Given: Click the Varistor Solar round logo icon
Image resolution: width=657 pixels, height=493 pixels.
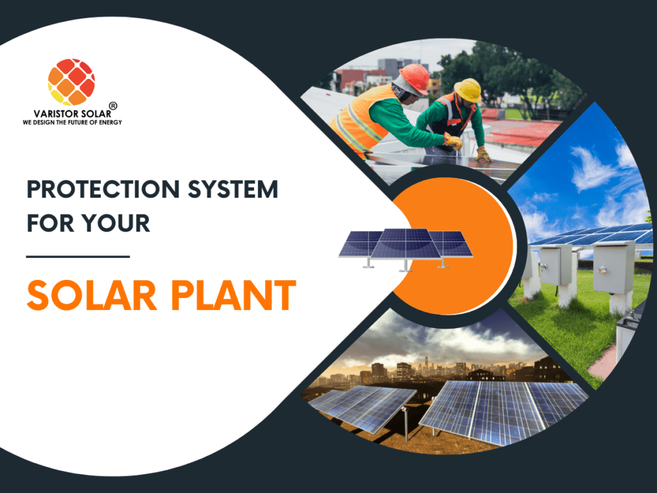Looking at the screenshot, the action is pos(71,82).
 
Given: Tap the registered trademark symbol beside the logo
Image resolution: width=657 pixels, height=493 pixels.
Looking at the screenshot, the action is pos(113,106).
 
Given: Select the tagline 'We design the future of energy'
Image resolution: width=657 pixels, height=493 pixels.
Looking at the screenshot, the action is pos(72,123).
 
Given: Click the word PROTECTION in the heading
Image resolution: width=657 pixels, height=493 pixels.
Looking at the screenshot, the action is pos(103,189).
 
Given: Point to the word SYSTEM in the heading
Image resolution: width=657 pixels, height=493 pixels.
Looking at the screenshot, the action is pos(232,189).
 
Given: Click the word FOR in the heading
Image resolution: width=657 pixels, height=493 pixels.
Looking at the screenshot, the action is pos(51,223).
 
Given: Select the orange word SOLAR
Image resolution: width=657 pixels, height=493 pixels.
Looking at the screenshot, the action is pos(92,295).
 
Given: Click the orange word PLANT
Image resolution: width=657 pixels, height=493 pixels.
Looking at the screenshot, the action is pos(234,295).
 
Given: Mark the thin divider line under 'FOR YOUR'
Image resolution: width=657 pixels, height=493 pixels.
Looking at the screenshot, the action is pos(78,257).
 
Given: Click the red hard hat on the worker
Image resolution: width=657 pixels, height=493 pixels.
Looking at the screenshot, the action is pos(415,78).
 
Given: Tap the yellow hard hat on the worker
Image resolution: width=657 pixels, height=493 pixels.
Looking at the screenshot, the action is pos(468,90).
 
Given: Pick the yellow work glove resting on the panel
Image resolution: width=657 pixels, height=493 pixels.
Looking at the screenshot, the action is pos(484,154).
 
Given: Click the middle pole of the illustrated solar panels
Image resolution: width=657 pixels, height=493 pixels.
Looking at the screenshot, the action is pos(405,265).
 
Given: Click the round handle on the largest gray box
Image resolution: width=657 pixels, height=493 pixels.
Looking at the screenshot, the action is pos(602,270).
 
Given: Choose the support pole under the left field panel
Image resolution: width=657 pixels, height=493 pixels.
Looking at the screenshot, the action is pos(405,424).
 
